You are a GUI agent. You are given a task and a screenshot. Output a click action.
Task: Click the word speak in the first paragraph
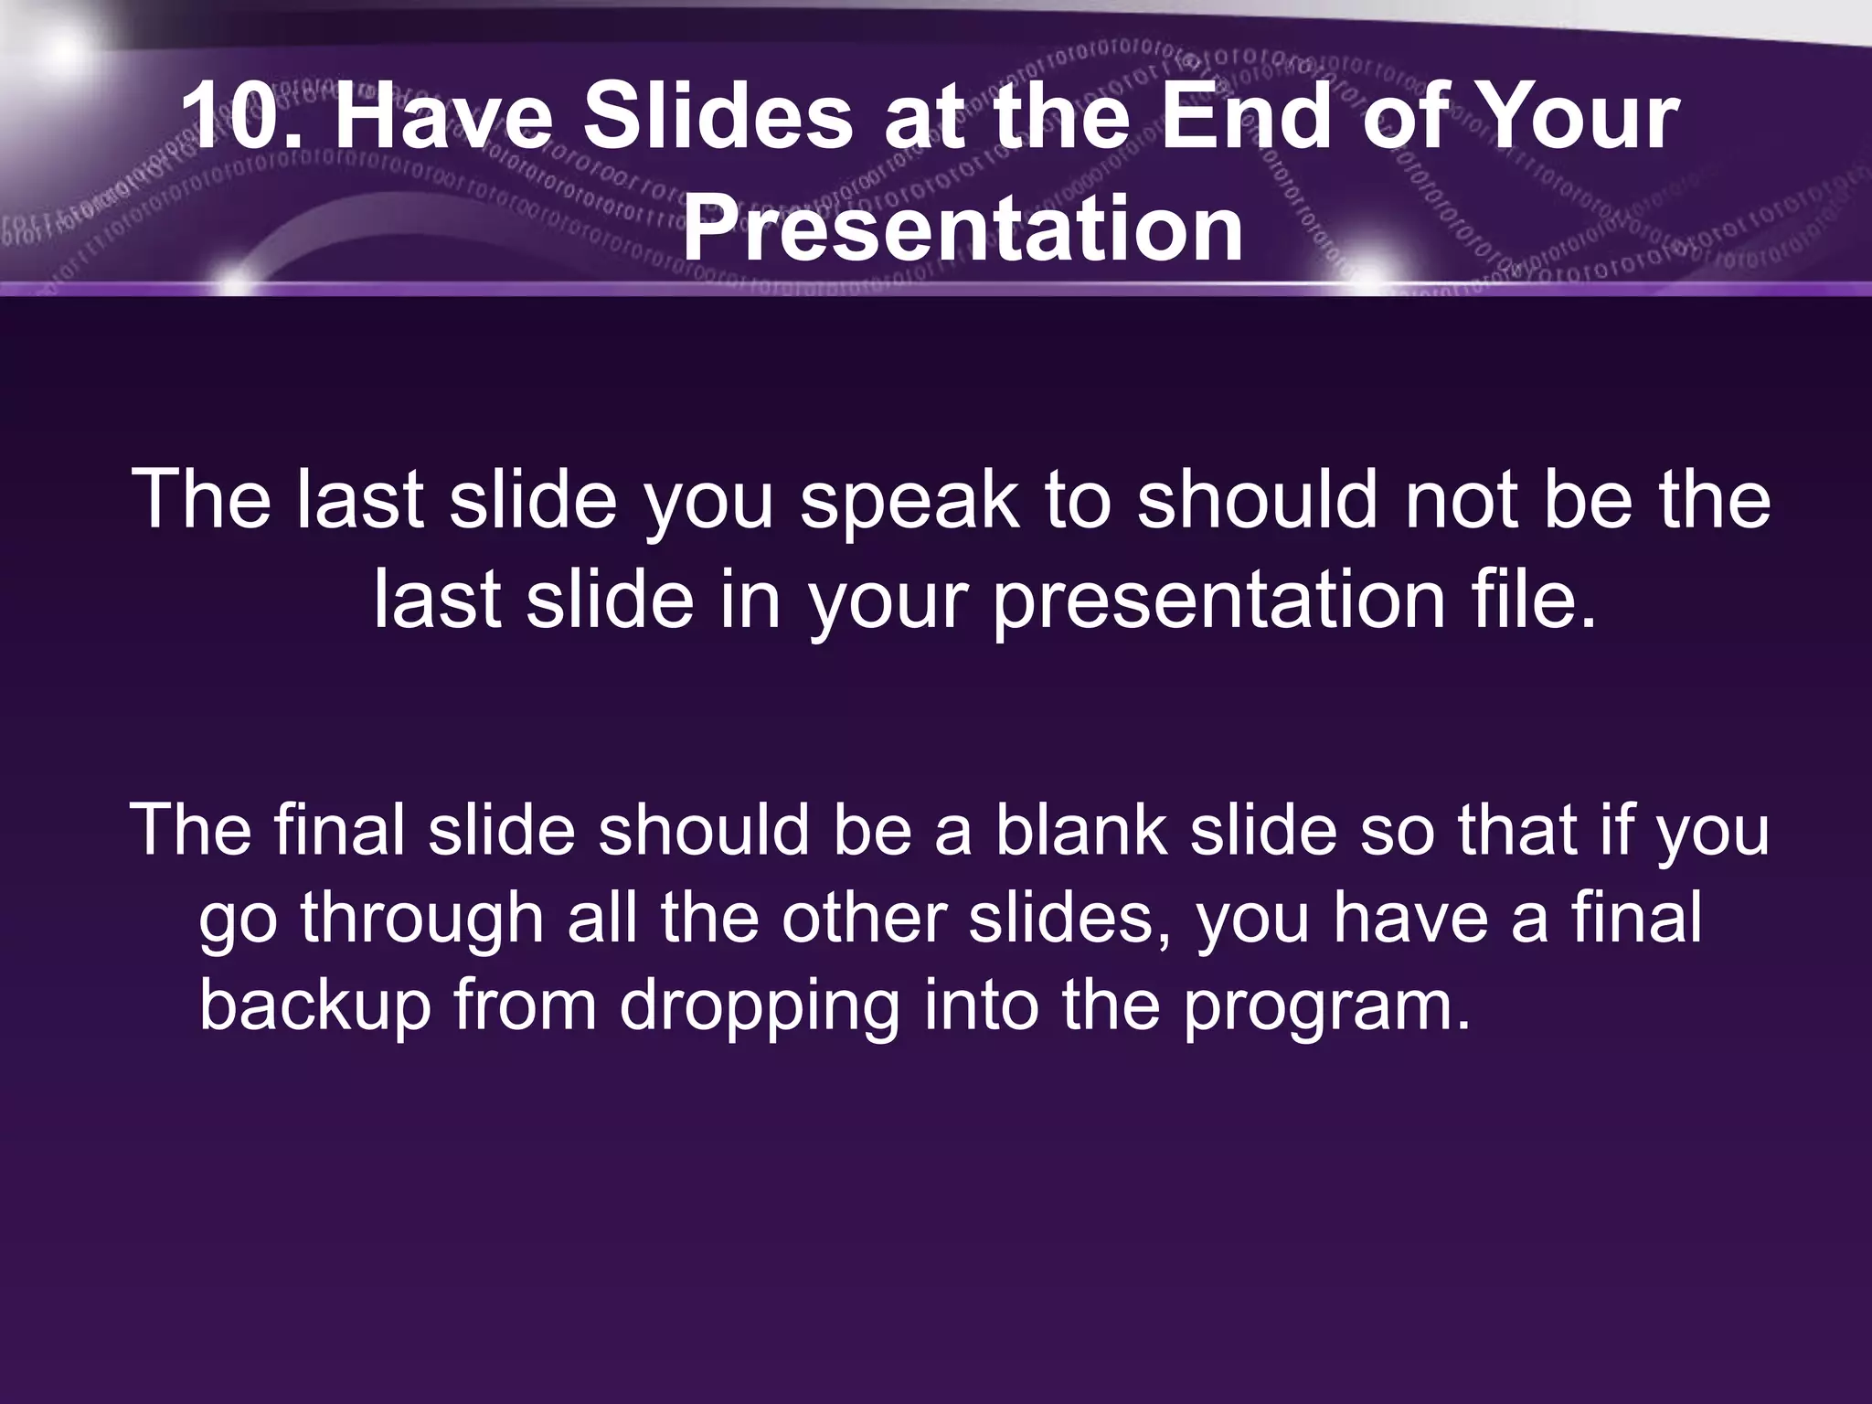tap(909, 500)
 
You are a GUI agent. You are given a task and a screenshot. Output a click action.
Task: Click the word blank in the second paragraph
tap(1080, 830)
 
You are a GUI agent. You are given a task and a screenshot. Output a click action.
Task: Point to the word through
tap(422, 920)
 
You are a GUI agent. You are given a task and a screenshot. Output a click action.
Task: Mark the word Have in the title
tap(443, 117)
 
